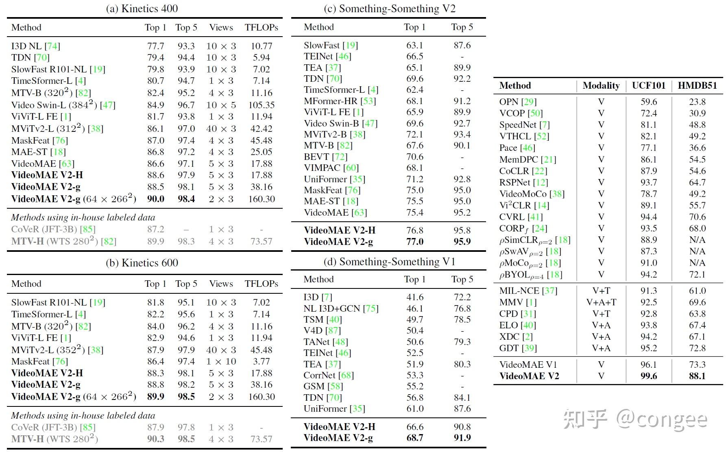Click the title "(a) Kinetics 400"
[x=142, y=9]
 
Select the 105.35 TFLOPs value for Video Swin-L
[x=261, y=105]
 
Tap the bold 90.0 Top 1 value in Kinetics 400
[x=156, y=199]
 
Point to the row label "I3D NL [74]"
[x=36, y=46]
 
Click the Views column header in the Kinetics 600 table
[x=221, y=284]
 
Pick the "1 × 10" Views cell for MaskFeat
[x=221, y=361]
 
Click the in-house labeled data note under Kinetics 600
[x=83, y=415]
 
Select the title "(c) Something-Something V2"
[x=389, y=9]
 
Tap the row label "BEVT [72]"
[x=325, y=157]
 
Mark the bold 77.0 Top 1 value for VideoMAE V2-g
[x=415, y=242]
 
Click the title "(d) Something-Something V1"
[x=389, y=262]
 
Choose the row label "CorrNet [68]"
[x=329, y=375]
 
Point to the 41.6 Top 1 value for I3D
[x=415, y=297]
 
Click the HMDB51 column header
[x=697, y=85]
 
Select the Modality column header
[x=601, y=85]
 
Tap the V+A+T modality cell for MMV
[x=601, y=302]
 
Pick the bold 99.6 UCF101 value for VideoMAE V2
[x=649, y=376]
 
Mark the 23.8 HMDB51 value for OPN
[x=697, y=102]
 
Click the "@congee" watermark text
[x=662, y=419]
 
